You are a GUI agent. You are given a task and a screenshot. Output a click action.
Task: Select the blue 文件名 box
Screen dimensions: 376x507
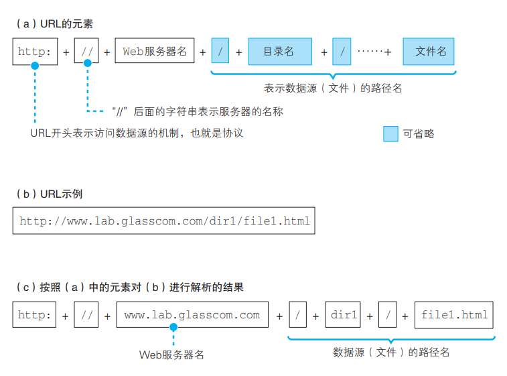429,51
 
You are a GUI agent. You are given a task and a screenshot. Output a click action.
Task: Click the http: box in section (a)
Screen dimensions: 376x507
35,51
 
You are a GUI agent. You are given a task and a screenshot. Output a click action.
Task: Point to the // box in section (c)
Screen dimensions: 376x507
87,315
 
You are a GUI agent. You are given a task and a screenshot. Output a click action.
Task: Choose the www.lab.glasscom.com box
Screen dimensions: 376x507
192,315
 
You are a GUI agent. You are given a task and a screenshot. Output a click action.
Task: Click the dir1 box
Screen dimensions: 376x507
344,315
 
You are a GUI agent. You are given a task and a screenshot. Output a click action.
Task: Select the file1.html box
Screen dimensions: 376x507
454,315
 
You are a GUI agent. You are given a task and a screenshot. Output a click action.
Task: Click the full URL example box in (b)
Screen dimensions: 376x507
164,221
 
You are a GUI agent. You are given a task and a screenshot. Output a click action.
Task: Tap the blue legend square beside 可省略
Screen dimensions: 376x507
390,133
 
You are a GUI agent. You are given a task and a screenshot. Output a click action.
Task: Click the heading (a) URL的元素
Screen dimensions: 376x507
54,23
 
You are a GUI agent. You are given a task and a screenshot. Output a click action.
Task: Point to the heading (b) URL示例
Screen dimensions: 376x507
53,194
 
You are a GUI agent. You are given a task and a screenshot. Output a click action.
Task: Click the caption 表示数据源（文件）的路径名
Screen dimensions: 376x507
333,88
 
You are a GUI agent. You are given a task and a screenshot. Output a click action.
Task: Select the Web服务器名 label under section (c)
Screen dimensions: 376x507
171,355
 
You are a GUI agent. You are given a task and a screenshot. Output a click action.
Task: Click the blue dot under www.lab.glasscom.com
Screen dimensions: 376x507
173,328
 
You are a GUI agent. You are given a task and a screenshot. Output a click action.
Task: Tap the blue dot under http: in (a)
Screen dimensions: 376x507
35,65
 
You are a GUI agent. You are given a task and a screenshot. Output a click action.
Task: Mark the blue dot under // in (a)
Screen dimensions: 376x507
87,65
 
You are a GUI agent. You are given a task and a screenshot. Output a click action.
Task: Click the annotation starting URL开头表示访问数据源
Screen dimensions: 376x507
137,133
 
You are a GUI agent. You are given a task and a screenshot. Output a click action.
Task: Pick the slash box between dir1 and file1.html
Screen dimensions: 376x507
387,315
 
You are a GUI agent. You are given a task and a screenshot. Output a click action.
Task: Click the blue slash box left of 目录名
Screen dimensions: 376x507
220,51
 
